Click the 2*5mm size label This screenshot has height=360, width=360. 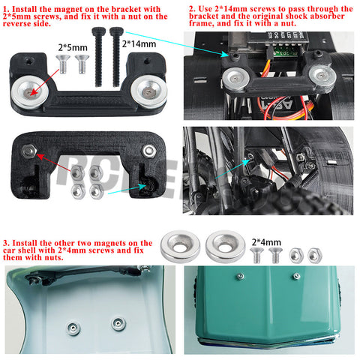pyautogui.click(x=73, y=47)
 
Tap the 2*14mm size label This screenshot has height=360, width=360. pyautogui.click(x=139, y=44)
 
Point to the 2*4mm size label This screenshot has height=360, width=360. pyautogui.click(x=266, y=242)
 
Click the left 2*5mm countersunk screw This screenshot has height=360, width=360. pyautogui.click(x=62, y=64)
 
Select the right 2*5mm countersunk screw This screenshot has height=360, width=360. pyautogui.click(x=82, y=64)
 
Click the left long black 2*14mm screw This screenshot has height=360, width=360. pyautogui.click(x=98, y=57)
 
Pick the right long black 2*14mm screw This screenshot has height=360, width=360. pyautogui.click(x=116, y=57)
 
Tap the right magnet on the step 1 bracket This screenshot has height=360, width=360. pyautogui.click(x=149, y=91)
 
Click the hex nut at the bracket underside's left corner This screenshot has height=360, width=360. pyautogui.click(x=29, y=151)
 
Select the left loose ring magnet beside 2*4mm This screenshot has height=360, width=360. pyautogui.click(x=180, y=247)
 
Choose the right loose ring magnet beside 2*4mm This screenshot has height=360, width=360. pyautogui.click(x=226, y=247)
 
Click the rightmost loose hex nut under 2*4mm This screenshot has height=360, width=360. pyautogui.click(x=315, y=256)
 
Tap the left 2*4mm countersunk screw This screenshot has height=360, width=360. pyautogui.click(x=256, y=255)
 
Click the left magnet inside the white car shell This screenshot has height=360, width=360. pyautogui.click(x=73, y=328)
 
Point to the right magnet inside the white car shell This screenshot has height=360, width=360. pyautogui.click(x=118, y=324)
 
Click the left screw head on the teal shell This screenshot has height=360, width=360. pyautogui.click(x=240, y=277)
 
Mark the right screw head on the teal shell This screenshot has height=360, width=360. pyautogui.click(x=296, y=276)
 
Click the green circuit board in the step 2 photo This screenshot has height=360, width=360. pyautogui.click(x=286, y=52)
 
